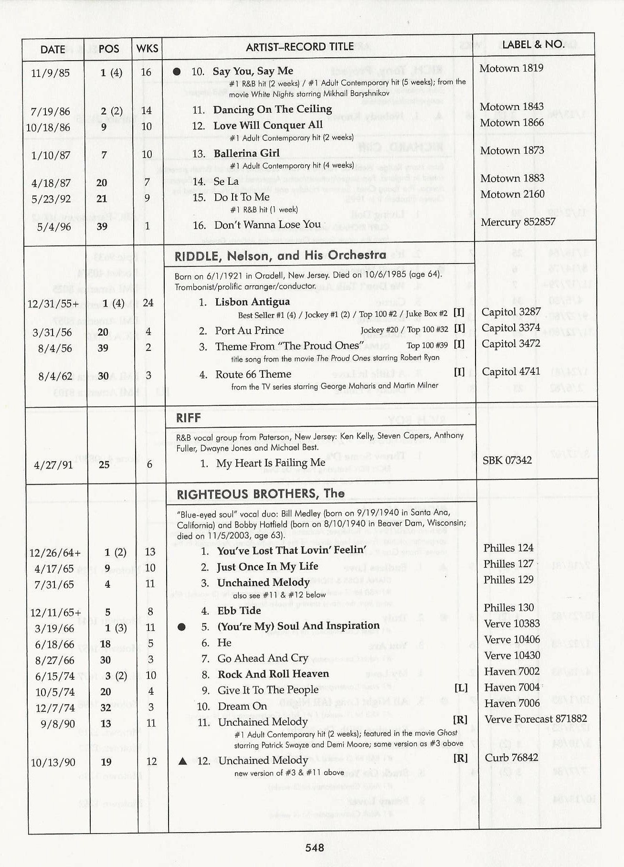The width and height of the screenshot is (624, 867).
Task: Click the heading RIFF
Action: (x=189, y=418)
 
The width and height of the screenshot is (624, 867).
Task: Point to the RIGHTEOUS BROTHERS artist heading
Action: (x=261, y=494)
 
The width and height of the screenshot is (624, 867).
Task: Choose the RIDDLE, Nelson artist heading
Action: (x=280, y=255)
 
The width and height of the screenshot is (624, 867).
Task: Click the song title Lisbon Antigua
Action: (x=252, y=302)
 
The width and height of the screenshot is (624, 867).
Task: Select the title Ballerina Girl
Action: (x=246, y=153)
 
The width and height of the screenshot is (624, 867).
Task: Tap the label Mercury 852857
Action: (x=518, y=222)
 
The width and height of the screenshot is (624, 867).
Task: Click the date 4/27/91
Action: (x=53, y=465)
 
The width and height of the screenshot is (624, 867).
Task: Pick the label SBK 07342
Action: (x=507, y=460)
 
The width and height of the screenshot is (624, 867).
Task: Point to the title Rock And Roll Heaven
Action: (x=273, y=674)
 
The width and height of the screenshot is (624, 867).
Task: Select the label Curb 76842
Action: (x=511, y=758)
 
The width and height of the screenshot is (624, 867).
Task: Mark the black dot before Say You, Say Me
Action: (x=177, y=72)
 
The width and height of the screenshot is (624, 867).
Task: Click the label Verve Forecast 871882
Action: (x=536, y=719)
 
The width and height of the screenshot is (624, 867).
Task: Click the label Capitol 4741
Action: (x=511, y=371)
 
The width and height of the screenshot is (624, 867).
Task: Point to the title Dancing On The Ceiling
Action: (x=272, y=109)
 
